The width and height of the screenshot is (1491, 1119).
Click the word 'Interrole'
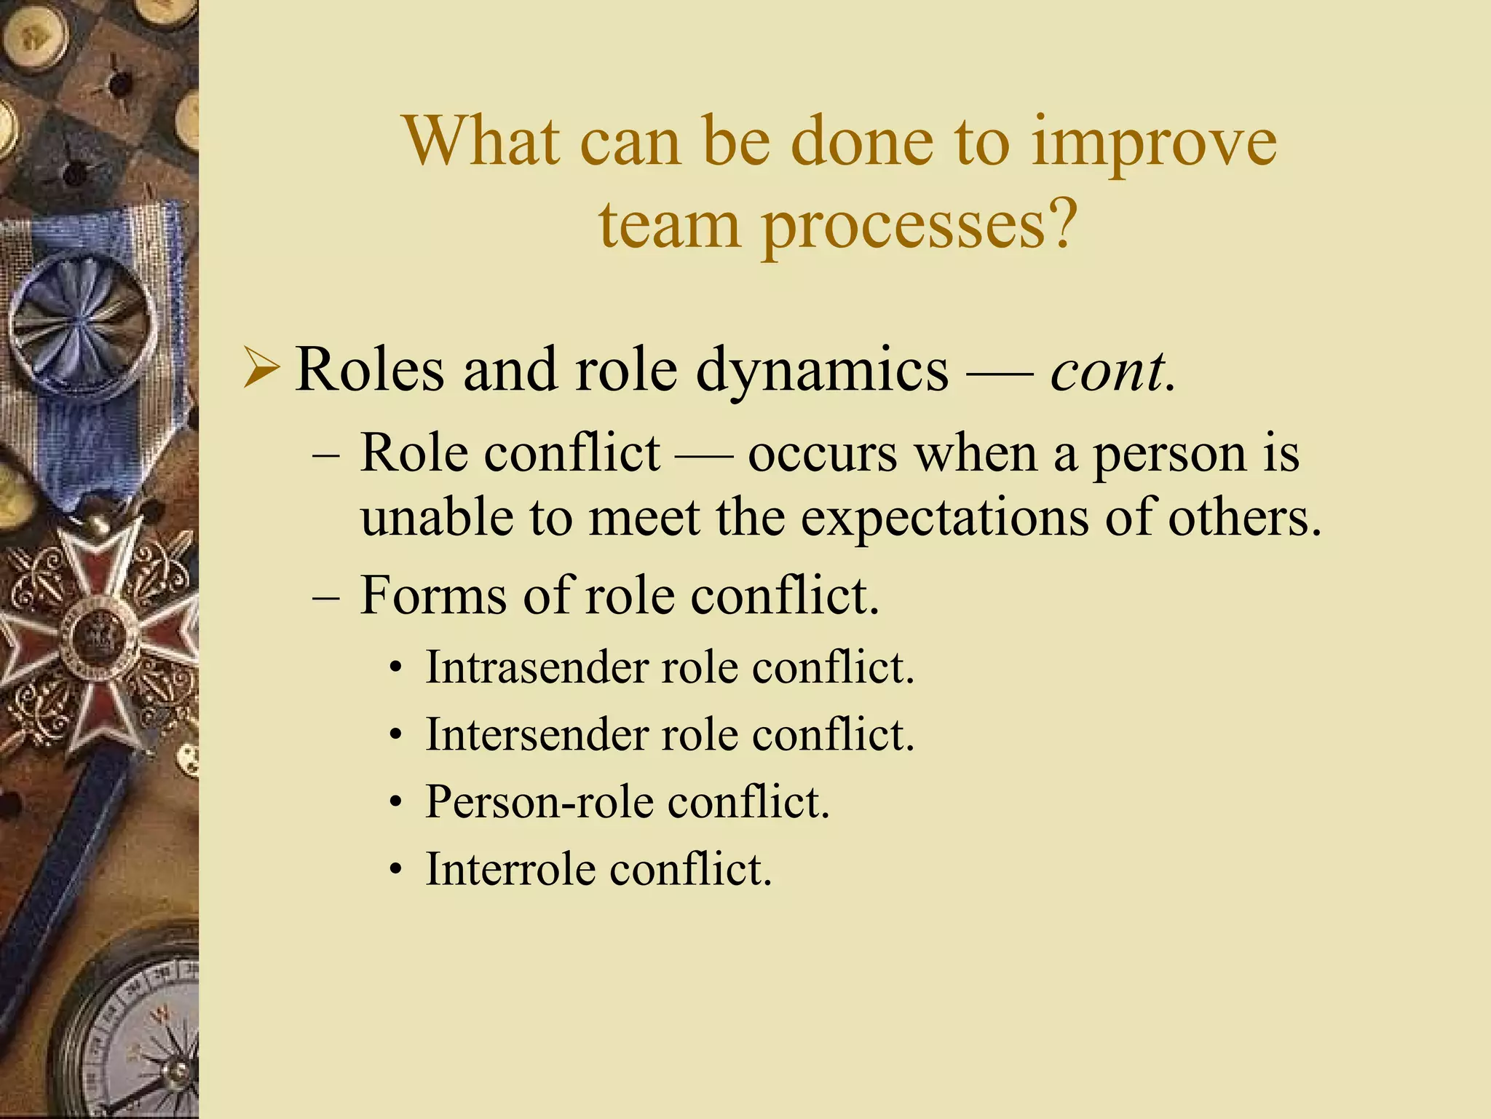pyautogui.click(x=510, y=869)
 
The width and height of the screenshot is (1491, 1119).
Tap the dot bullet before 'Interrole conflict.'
pyautogui.click(x=395, y=871)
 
